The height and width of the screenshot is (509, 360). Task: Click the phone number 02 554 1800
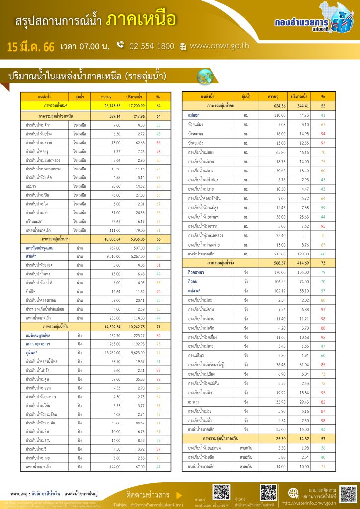151,46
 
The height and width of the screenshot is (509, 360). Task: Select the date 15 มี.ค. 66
30,47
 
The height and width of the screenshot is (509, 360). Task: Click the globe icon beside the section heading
204,76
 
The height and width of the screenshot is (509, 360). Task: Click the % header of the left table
158,96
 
